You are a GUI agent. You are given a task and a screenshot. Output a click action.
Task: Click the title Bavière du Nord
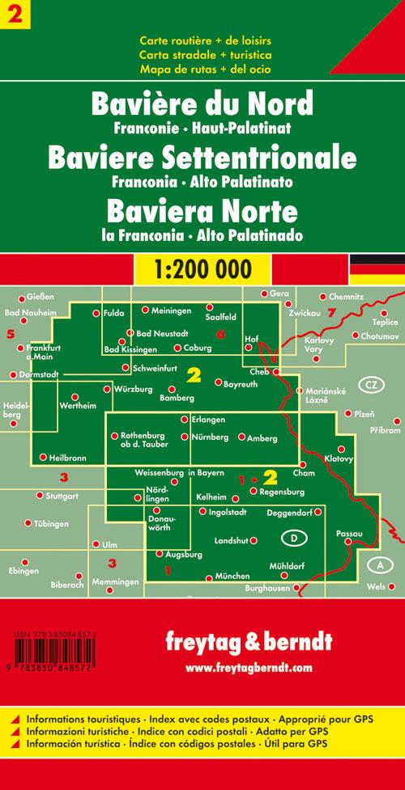coord(202,106)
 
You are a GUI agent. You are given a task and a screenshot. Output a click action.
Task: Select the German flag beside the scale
coord(377,266)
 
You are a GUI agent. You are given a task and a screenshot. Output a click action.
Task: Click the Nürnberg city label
coord(211,437)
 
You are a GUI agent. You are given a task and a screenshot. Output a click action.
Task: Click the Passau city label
coord(348,534)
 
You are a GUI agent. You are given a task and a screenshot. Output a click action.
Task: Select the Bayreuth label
coord(241,382)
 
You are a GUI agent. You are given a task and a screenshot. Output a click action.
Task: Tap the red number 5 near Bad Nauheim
coord(11,333)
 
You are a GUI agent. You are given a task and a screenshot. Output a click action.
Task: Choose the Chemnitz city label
coord(347,297)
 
